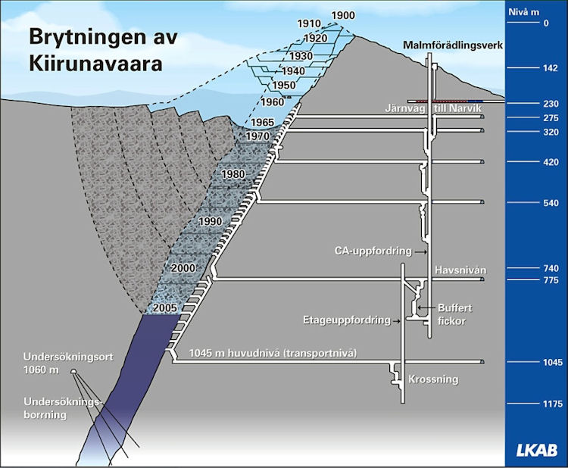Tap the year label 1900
click(343, 15)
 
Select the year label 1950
click(284, 85)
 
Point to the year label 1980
click(233, 174)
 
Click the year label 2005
click(165, 308)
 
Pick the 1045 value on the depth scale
click(553, 362)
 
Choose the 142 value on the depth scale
click(551, 68)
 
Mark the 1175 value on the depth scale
click(553, 404)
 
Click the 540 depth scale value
click(551, 202)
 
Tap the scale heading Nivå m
click(524, 12)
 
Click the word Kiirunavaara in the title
click(95, 64)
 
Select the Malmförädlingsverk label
click(453, 45)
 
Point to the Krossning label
click(433, 379)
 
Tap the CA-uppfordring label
click(373, 251)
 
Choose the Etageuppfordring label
click(347, 320)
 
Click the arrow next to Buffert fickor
click(426, 308)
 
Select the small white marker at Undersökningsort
click(73, 371)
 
